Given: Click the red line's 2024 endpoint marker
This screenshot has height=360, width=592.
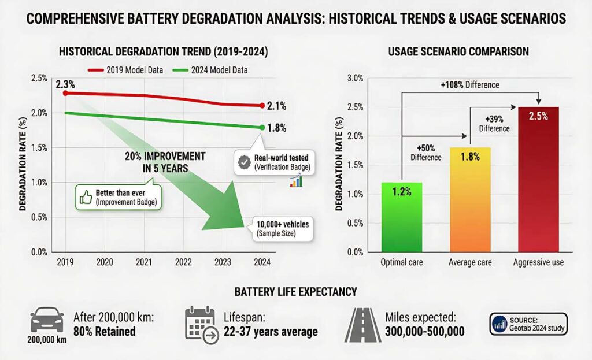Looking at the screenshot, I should pos(262,106).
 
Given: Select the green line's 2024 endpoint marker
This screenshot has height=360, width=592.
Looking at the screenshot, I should pos(262,127).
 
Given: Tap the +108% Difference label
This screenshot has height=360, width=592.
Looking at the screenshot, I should pos(469,85).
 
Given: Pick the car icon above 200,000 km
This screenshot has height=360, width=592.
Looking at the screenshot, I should pos(46,320).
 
